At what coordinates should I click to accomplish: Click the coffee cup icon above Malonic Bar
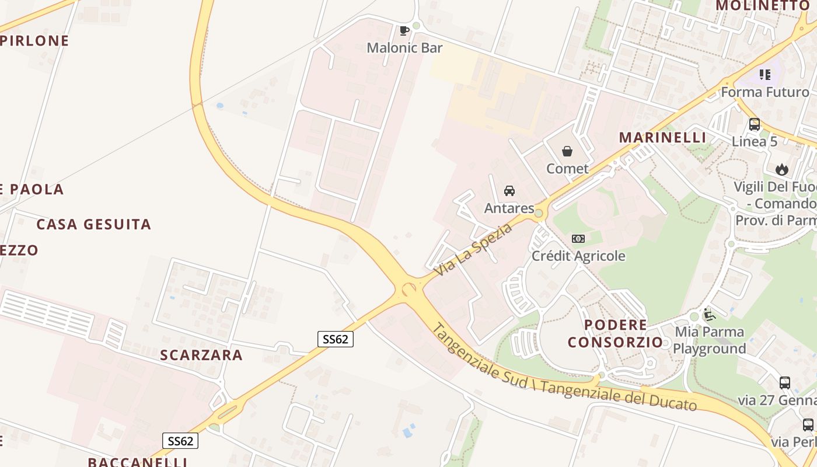(404, 30)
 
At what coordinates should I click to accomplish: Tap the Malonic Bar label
(404, 48)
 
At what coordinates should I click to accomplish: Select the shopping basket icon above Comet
(567, 152)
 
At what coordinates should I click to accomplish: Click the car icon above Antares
(509, 191)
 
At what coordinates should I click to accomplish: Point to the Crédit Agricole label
(578, 256)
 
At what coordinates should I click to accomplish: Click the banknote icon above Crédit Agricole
(578, 239)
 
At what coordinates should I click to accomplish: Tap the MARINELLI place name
(662, 138)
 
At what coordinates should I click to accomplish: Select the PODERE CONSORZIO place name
(616, 333)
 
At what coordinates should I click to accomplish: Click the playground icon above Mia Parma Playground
(710, 315)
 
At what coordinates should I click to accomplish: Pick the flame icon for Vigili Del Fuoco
(781, 170)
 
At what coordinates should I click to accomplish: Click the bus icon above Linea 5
(755, 124)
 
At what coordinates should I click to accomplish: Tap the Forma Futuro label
(765, 92)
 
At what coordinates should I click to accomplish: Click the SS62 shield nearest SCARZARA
(336, 339)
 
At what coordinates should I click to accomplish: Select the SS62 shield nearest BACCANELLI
(180, 441)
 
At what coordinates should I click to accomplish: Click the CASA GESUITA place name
(93, 224)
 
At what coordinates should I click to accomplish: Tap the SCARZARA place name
(201, 355)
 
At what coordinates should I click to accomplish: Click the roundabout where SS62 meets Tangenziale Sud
(408, 288)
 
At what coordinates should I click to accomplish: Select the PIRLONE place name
(35, 41)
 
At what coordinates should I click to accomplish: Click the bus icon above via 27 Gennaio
(785, 384)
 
